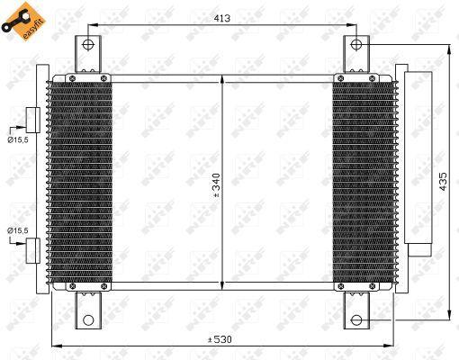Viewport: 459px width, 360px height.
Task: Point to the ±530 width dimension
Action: pyautogui.click(x=220, y=339)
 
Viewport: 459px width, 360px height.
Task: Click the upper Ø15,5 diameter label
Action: pyautogui.click(x=18, y=139)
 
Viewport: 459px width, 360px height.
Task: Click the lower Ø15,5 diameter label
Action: pyautogui.click(x=18, y=232)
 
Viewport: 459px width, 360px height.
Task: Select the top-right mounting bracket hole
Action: pyautogui.click(x=355, y=43)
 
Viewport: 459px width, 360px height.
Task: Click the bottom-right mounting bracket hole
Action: pyautogui.click(x=355, y=319)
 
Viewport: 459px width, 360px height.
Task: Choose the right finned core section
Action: pyautogui.click(x=362, y=184)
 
